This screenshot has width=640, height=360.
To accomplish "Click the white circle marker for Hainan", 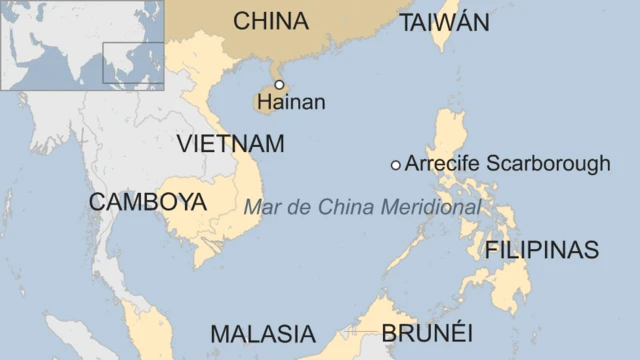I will click(279, 85).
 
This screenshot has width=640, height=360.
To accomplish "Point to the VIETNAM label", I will click(229, 143).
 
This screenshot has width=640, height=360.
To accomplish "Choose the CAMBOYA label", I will click(147, 201).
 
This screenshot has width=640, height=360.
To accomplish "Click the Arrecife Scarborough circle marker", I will click(396, 164).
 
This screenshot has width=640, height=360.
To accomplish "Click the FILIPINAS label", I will click(541, 250).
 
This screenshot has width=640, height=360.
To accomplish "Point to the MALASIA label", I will click(262, 334).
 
